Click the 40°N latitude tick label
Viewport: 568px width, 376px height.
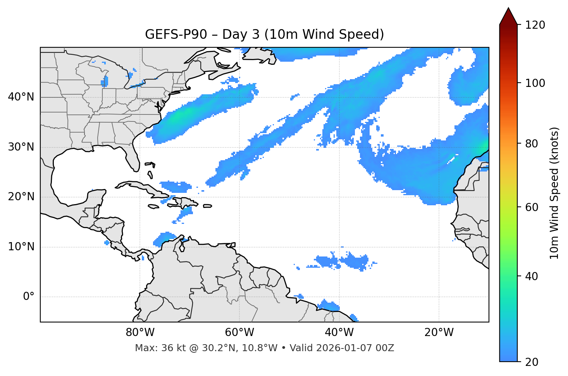tap(21, 97)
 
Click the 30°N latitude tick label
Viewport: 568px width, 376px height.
tap(21, 147)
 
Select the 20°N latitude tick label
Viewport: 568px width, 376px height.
tap(21, 197)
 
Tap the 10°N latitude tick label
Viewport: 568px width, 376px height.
tap(21, 247)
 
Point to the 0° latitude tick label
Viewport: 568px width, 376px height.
tap(29, 297)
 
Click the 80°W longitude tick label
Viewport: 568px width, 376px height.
tap(140, 333)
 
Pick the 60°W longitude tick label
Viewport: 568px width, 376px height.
tap(239, 333)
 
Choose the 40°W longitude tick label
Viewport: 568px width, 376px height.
tap(339, 333)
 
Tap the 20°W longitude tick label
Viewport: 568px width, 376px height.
tap(439, 333)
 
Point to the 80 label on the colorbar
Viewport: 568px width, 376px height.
tap(531, 144)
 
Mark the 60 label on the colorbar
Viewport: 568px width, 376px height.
tap(531, 207)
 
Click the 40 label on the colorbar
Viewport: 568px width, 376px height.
tap(531, 276)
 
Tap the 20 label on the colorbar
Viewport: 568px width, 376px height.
tap(531, 362)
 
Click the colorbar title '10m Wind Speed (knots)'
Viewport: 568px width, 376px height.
tap(554, 193)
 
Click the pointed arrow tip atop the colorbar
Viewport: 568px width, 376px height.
tap(508, 9)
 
